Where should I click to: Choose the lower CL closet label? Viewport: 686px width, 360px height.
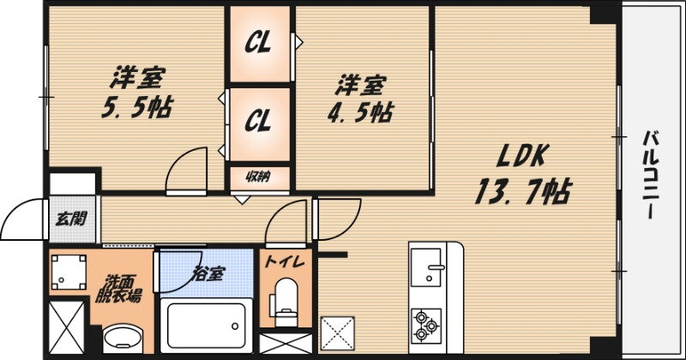(x=258, y=121)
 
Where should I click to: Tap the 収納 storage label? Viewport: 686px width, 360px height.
(x=259, y=177)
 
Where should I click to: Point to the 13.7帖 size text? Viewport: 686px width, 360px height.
(x=521, y=189)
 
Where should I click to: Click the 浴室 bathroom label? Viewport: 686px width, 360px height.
(x=208, y=274)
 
